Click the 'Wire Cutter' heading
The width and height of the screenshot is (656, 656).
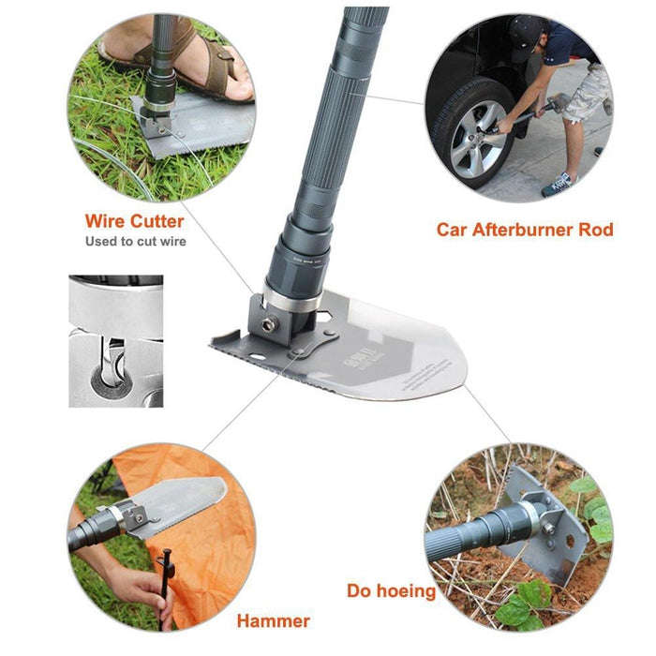click(x=134, y=222)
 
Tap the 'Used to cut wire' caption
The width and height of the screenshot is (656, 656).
click(x=135, y=242)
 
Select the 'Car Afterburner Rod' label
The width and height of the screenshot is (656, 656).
click(x=525, y=230)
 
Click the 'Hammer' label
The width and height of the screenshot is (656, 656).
click(x=273, y=620)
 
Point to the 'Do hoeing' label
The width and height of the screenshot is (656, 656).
click(x=391, y=591)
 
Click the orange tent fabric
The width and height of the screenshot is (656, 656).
click(x=216, y=553)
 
